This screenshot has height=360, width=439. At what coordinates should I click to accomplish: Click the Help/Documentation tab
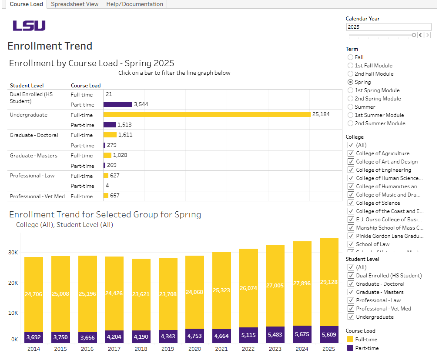point(134,4)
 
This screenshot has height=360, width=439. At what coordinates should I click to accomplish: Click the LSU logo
point(29,26)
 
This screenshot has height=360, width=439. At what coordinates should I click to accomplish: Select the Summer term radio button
point(351,107)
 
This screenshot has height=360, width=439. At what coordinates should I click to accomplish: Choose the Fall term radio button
point(351,57)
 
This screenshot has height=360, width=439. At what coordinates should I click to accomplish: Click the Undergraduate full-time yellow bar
point(207,114)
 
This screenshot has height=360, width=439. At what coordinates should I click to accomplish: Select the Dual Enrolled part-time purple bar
point(117,104)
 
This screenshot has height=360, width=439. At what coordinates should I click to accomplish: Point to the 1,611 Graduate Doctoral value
point(125,135)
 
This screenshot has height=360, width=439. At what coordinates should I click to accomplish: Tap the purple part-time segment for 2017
point(114,337)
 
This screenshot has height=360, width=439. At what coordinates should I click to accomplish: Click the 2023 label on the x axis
point(275,349)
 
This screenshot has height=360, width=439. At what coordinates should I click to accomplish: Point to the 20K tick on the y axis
point(13,283)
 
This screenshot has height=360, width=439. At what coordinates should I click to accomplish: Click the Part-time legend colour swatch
point(350,348)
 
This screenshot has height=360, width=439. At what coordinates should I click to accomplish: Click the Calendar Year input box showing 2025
point(389,27)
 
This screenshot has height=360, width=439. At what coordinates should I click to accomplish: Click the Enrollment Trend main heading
point(50,46)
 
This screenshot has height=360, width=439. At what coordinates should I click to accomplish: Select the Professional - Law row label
point(32,176)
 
